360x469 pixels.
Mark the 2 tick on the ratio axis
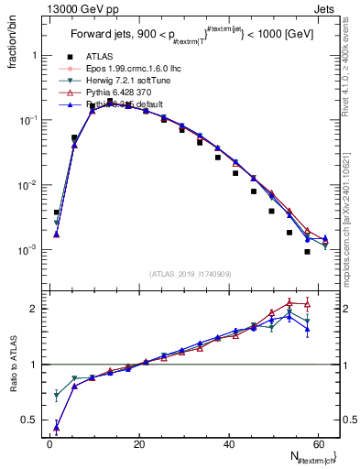click(x=34, y=309)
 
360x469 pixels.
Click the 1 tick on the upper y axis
click(x=34, y=55)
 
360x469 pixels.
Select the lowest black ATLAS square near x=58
click(x=308, y=252)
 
